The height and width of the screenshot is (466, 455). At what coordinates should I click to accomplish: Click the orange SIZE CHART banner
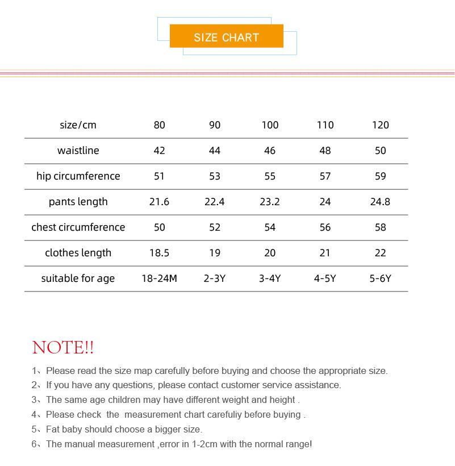[226, 37]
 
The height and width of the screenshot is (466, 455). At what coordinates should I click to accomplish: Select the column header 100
[270, 125]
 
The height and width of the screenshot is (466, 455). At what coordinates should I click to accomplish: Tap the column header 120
[380, 125]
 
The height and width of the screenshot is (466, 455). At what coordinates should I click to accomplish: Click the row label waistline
[78, 151]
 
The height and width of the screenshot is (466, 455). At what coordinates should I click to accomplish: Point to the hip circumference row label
[78, 176]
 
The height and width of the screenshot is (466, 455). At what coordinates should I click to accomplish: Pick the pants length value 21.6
[159, 202]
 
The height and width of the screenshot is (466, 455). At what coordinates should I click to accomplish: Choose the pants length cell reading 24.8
[380, 202]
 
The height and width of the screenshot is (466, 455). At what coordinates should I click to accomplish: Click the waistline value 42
[159, 151]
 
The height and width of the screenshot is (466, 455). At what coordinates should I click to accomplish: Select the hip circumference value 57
[325, 176]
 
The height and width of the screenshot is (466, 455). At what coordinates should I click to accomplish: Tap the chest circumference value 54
[270, 227]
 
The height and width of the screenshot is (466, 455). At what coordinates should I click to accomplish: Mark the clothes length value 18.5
[159, 253]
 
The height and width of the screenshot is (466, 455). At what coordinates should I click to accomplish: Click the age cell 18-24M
[159, 278]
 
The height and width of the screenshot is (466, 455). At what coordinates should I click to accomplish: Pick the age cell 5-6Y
[380, 278]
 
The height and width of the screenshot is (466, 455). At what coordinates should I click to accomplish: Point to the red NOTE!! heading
[63, 347]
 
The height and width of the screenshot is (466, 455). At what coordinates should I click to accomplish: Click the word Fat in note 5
[53, 430]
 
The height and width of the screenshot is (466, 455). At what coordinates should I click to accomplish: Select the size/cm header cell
[78, 125]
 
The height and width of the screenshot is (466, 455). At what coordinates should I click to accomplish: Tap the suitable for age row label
[78, 278]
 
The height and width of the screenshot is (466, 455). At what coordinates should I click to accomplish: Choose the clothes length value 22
[380, 253]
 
